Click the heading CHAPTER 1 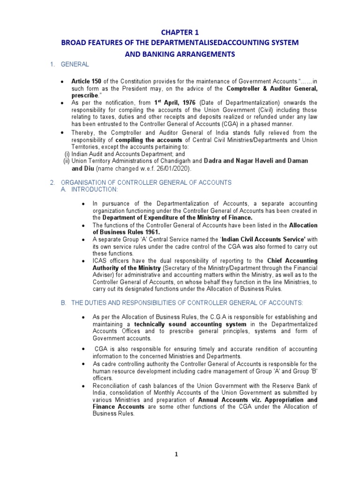pos(180,32)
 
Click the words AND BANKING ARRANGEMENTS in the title pos(180,54)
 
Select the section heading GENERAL pos(73,64)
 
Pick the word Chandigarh pos(174,161)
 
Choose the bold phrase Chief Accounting pos(292,261)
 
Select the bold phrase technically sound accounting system pos(190,324)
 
